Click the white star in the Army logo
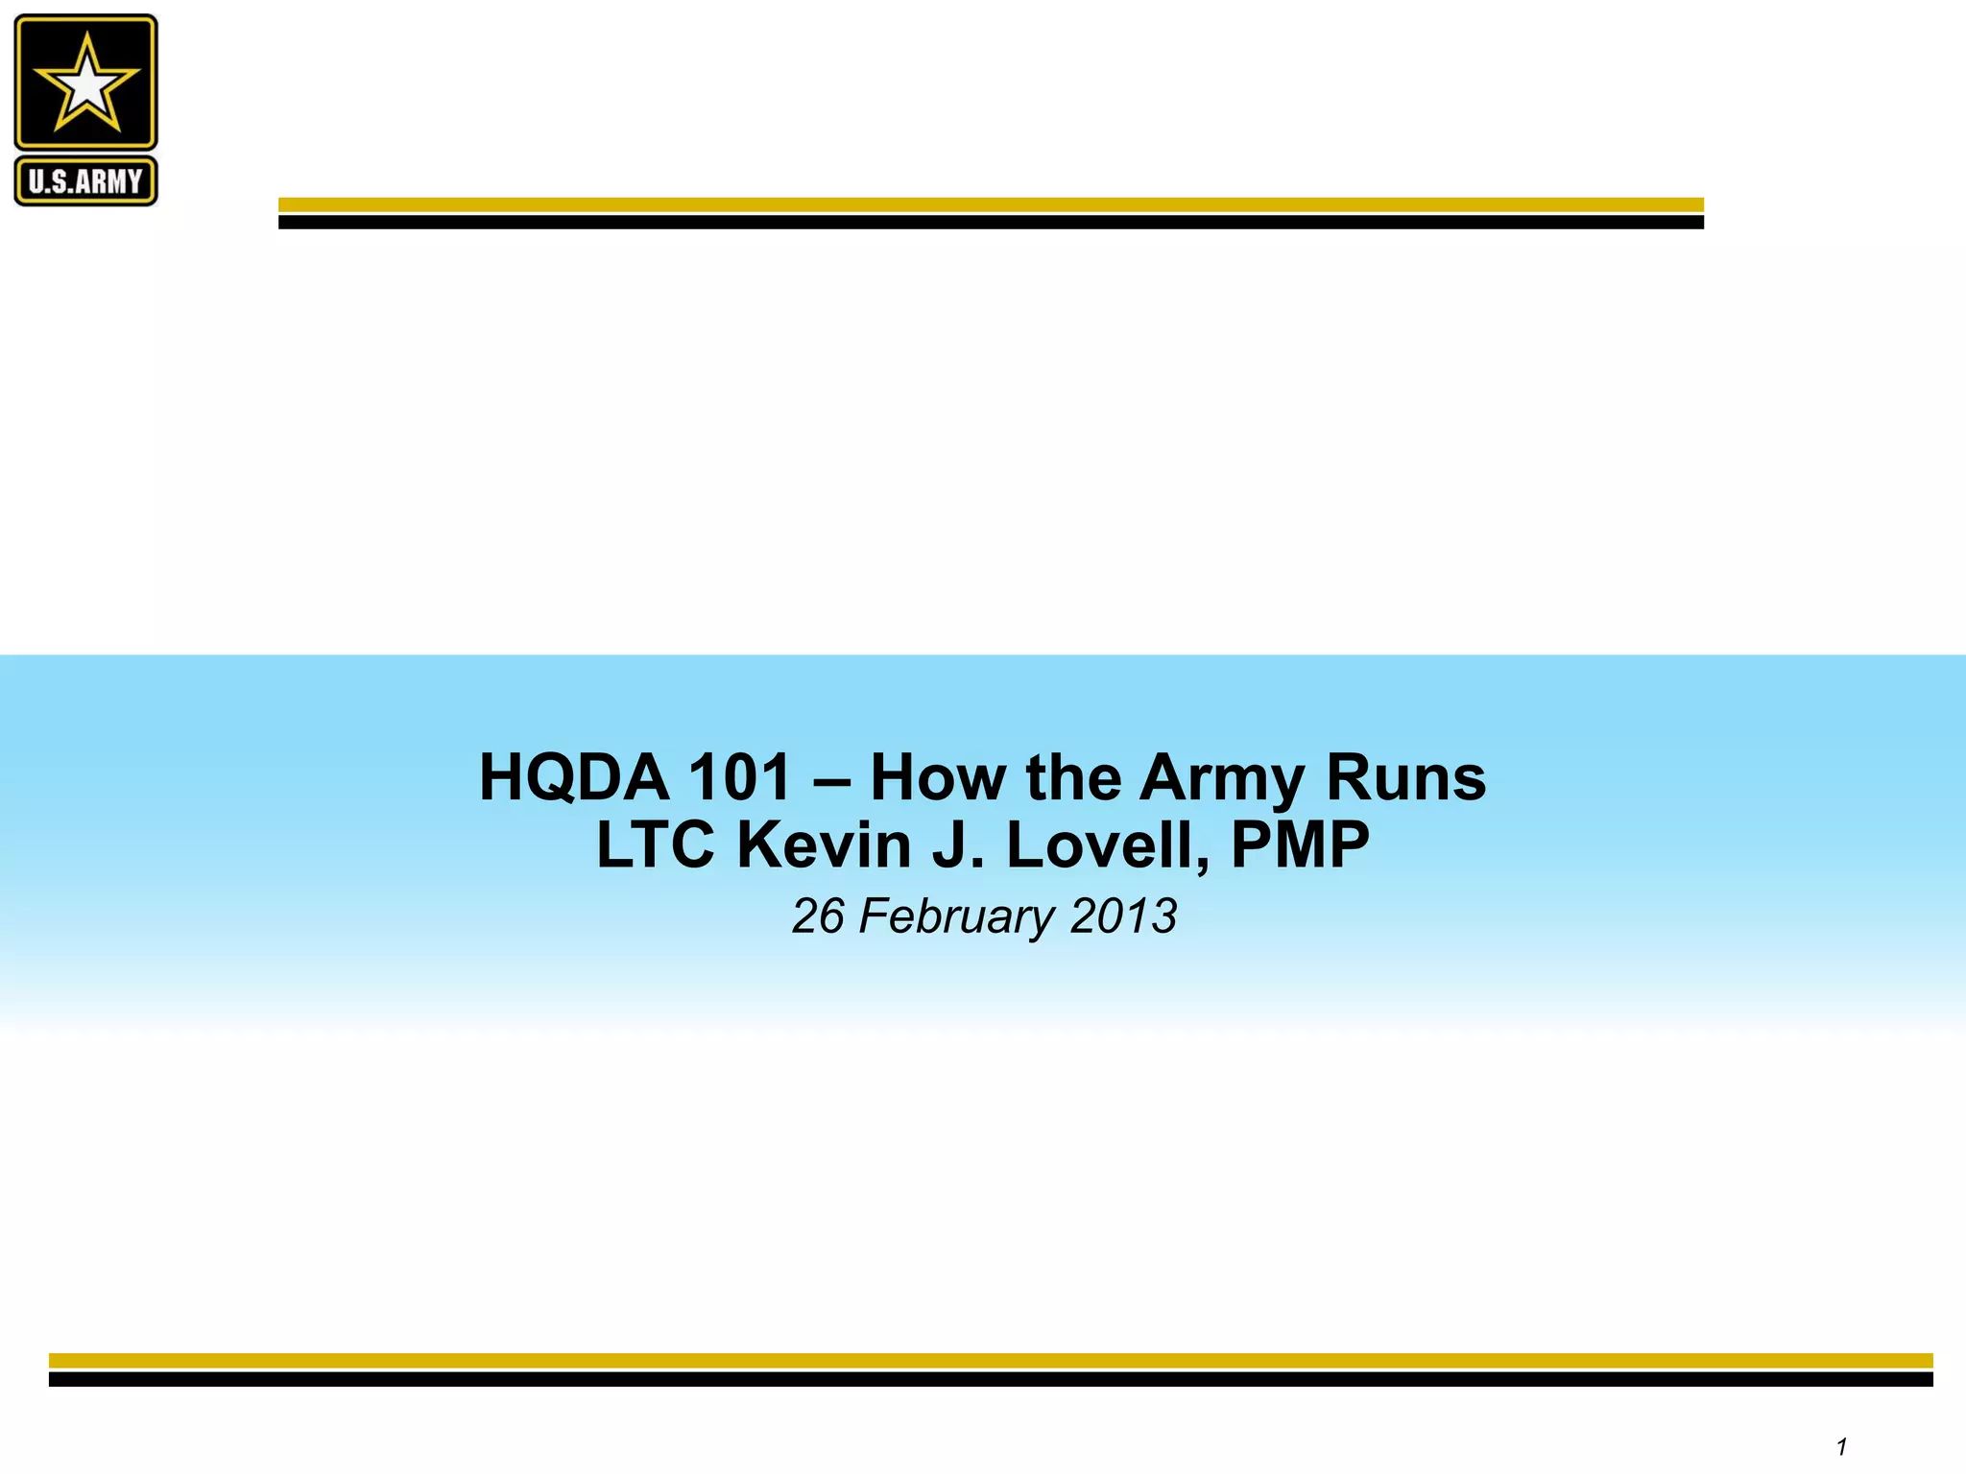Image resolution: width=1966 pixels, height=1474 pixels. [x=86, y=83]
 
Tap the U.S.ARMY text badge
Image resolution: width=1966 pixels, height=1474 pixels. [x=85, y=181]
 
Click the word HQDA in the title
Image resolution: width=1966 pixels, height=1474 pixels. [x=573, y=777]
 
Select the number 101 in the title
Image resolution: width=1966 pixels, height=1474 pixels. [x=739, y=777]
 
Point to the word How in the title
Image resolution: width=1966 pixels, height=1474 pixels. [x=938, y=777]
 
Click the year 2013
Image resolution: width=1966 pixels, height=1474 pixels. [x=1123, y=915]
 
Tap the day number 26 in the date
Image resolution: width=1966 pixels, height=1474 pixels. [x=818, y=915]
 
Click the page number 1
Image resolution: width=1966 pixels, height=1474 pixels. [x=1841, y=1446]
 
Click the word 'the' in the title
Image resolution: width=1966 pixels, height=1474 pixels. [x=1073, y=777]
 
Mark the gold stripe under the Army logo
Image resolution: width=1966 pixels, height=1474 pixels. [x=991, y=204]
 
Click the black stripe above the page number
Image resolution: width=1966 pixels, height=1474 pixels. [x=991, y=1379]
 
